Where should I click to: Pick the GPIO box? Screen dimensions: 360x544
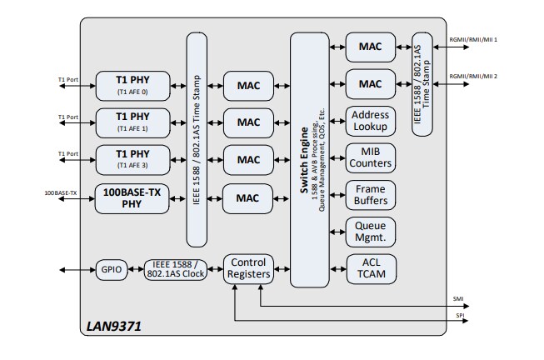110,270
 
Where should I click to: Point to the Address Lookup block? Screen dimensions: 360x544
370,121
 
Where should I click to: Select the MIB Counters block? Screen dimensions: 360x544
370,158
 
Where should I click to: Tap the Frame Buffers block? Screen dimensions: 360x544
370,196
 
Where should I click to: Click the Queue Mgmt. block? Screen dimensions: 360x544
370,232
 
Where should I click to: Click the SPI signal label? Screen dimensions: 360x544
458,317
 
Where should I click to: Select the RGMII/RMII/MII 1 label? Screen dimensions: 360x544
473,38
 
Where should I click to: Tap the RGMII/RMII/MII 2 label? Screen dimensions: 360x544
473,77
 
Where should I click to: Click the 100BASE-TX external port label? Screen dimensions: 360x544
61,193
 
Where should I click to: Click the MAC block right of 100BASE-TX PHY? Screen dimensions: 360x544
248,197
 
